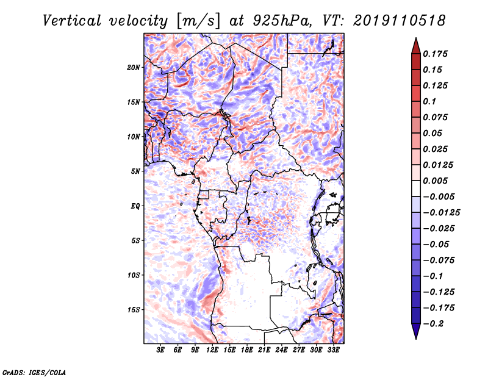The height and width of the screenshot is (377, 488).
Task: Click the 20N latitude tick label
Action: point(133,68)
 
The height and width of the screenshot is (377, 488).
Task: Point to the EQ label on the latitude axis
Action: point(135,206)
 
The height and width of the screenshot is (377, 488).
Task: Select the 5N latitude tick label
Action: point(135,171)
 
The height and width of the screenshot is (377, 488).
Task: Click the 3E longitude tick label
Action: point(160,350)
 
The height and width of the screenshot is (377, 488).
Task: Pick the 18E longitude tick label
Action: point(247,350)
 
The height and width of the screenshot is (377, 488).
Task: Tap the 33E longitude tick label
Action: point(333,350)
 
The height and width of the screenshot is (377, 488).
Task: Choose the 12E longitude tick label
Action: point(212,350)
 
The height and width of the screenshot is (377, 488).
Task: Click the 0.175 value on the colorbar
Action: point(435,54)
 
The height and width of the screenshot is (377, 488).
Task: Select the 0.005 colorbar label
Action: point(435,181)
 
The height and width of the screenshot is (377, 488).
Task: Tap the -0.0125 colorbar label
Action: point(441,213)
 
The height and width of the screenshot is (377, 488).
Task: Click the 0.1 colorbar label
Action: point(429,101)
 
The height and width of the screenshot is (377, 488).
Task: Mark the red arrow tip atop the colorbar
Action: point(416,38)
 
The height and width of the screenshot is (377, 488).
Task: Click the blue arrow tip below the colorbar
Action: point(416,339)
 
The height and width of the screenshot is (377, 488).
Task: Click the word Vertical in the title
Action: point(72,21)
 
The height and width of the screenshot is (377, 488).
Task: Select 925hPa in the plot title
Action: point(282,21)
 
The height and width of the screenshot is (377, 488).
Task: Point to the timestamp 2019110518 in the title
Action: point(400,21)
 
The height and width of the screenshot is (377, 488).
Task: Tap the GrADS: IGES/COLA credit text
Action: point(34,372)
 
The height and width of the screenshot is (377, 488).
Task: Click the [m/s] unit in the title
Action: point(198,21)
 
